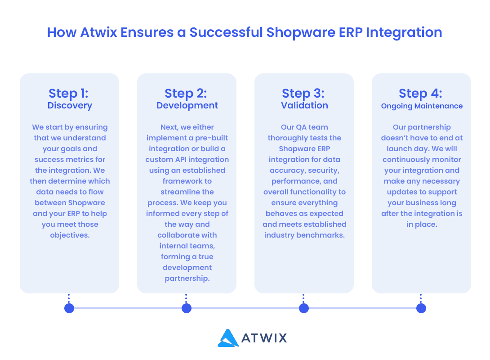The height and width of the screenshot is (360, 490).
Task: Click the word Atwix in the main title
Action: click(98, 32)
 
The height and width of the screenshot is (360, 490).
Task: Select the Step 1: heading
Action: click(68, 93)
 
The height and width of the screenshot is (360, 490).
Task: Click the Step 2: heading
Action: click(186, 93)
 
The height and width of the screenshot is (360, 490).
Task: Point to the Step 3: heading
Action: click(303, 93)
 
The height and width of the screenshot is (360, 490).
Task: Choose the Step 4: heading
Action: click(421, 93)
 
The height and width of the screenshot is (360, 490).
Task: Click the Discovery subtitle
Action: click(70, 105)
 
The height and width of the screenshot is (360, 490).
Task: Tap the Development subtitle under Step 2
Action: click(187, 105)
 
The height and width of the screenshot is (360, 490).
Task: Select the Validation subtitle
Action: click(305, 105)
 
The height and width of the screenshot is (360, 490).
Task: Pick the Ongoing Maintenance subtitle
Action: click(422, 106)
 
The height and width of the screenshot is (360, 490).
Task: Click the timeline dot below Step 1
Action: click(69, 308)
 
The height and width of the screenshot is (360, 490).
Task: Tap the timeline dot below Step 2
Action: click(187, 308)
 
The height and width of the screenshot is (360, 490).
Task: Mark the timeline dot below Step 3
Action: click(304, 308)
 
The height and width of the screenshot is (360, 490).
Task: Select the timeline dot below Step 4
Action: click(421, 308)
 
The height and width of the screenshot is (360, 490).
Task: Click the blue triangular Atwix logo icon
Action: click(228, 338)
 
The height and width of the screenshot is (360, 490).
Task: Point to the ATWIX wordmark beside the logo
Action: click(264, 338)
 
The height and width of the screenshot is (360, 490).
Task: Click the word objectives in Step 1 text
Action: click(70, 235)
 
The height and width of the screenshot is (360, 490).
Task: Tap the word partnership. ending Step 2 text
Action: click(187, 279)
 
